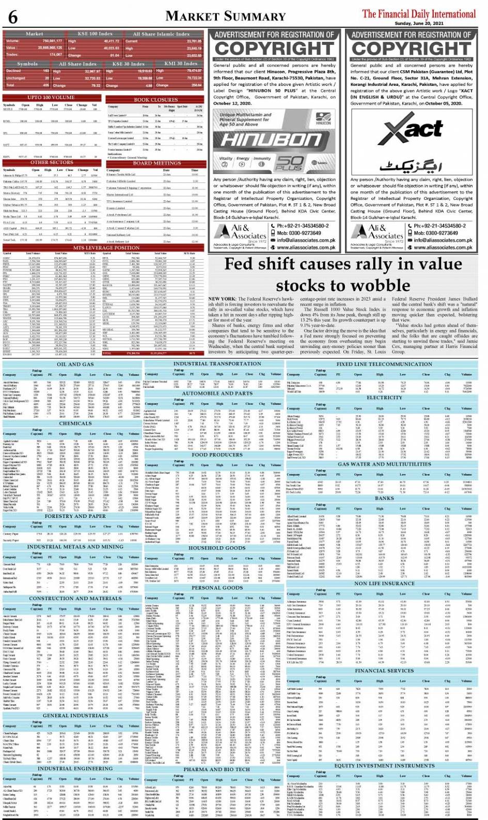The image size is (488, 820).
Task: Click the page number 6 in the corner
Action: coord(13,17)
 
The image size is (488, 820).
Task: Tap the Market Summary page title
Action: coord(226,16)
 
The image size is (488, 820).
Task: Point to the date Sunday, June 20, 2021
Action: coord(454,23)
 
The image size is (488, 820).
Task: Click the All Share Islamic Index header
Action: coord(161,34)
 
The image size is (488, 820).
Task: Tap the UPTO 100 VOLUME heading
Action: coord(51,97)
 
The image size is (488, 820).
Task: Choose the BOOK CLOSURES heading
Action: coord(155,100)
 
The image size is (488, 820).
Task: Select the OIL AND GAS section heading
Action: coord(75,364)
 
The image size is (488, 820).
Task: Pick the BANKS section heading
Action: coord(384,498)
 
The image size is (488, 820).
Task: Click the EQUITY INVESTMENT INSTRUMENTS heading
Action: coord(384,765)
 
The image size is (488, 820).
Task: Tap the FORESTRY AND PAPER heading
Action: coord(75,516)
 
